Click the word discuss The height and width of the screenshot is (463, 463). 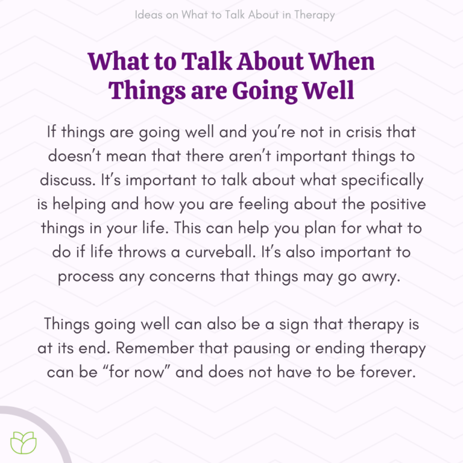click(75, 181)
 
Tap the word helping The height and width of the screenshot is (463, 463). click(86, 205)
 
